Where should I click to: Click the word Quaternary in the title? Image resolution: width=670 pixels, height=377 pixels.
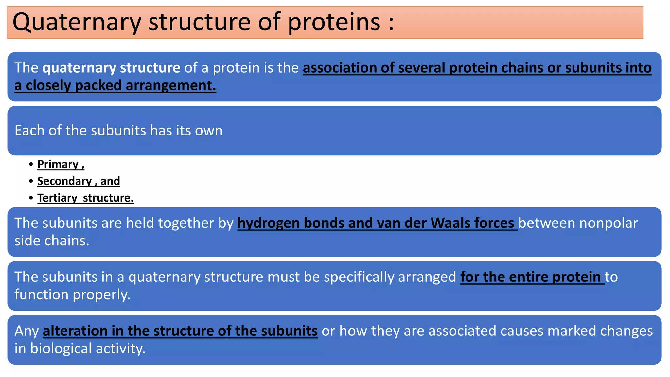point(77,22)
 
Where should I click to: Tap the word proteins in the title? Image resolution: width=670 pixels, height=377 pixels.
point(334,22)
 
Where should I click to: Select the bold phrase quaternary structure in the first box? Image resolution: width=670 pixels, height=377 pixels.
point(111,68)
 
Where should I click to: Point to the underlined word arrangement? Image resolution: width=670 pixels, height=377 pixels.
point(171,86)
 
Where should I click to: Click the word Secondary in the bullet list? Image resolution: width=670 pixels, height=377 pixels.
point(64,181)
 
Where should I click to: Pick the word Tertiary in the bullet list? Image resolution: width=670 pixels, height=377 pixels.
point(57,198)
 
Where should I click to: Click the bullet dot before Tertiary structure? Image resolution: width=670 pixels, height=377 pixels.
point(31,198)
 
